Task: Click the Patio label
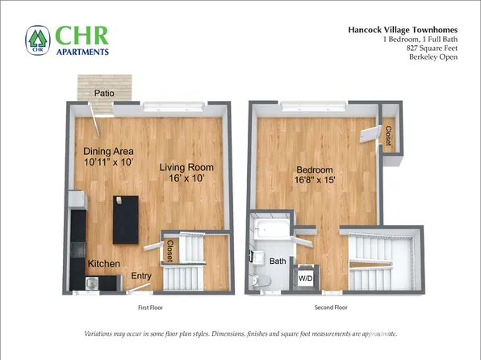103,94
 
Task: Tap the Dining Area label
108,152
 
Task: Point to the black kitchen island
124,220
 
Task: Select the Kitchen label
104,264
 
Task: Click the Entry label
141,277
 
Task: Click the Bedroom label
315,170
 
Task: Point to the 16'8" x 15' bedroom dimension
315,181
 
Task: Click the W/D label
307,278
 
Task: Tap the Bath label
278,262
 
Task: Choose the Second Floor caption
330,308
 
